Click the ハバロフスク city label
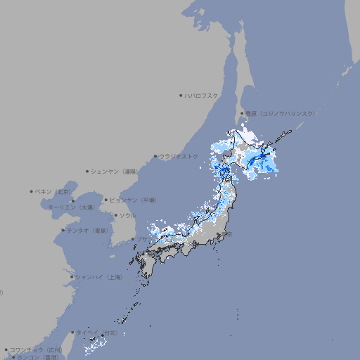[x=202, y=95]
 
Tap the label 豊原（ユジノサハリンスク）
[x=281, y=113]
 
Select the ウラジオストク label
[x=179, y=156]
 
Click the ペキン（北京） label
[x=53, y=191]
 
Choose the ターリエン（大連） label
[x=70, y=207]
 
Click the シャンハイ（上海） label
[x=98, y=277]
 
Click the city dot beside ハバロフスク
[x=181, y=95]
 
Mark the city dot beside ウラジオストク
[x=155, y=156]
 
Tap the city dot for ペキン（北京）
[x=32, y=191]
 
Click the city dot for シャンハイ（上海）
[x=72, y=277]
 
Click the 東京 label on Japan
[x=229, y=234]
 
